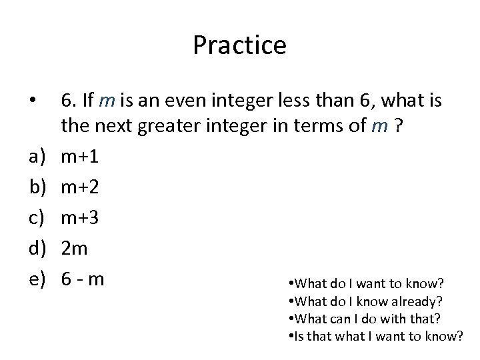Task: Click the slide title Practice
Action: (239, 45)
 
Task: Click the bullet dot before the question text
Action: (26, 101)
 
